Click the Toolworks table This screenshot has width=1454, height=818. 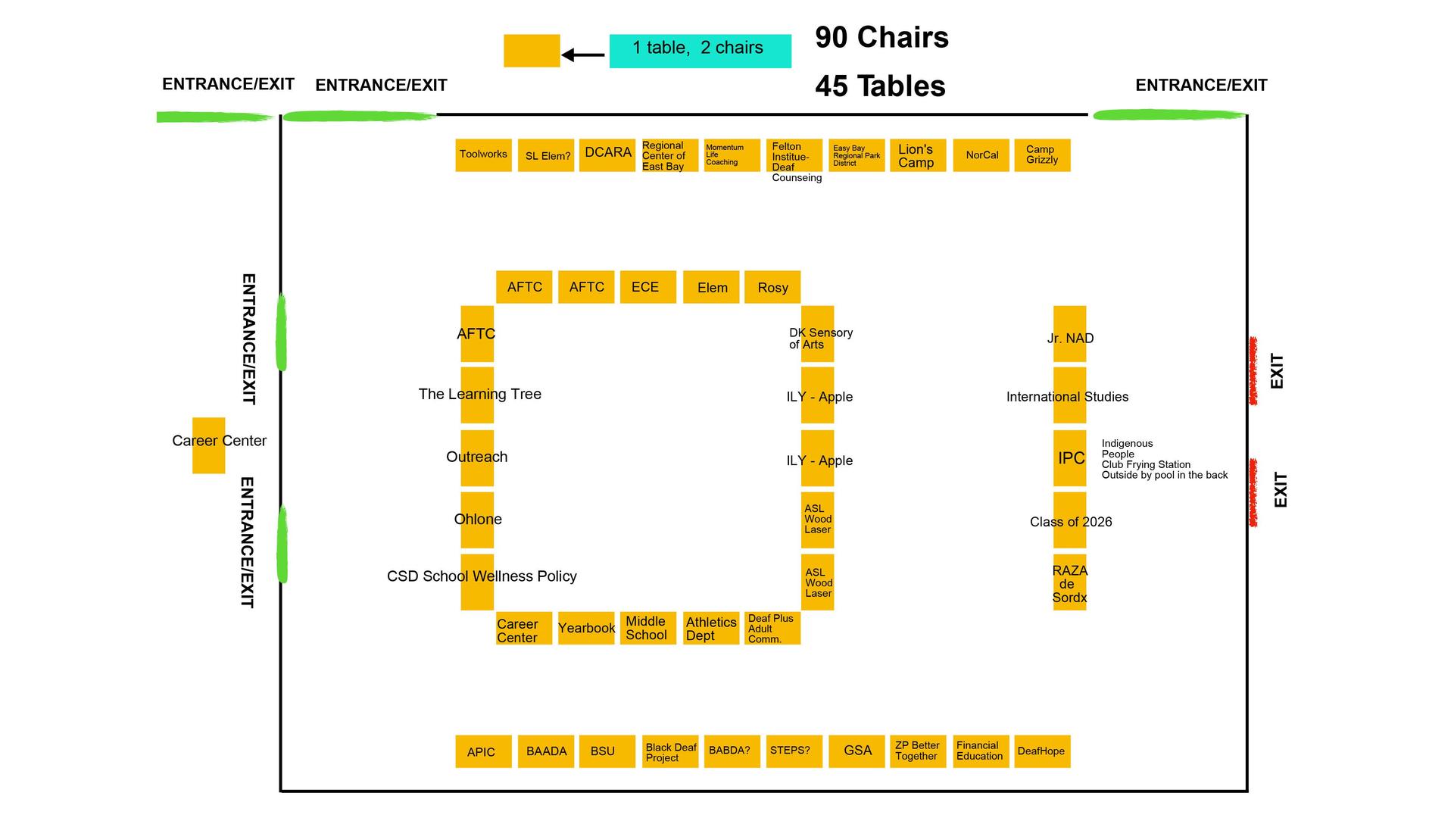(483, 155)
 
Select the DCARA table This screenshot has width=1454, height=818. (607, 155)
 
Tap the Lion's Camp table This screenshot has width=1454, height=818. (918, 155)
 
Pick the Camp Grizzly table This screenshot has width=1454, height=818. (1042, 155)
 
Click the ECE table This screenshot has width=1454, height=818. (647, 287)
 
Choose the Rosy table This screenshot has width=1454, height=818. (772, 287)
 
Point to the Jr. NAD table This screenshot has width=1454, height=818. (1069, 334)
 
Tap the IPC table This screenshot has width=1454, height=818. (1069, 458)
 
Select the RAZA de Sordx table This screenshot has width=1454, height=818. (1069, 582)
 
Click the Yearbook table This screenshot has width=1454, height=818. (586, 628)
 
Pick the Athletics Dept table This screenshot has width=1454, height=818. (711, 628)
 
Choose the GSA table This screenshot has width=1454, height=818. (856, 751)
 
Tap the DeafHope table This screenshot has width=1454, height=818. (1042, 751)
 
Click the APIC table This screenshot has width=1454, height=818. (483, 751)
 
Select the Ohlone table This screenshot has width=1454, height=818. (477, 520)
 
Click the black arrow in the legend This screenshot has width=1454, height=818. (583, 55)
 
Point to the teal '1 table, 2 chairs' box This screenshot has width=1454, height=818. (700, 51)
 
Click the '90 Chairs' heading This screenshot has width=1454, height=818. (881, 37)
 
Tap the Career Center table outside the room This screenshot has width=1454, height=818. (208, 445)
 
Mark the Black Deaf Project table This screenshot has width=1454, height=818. (670, 751)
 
